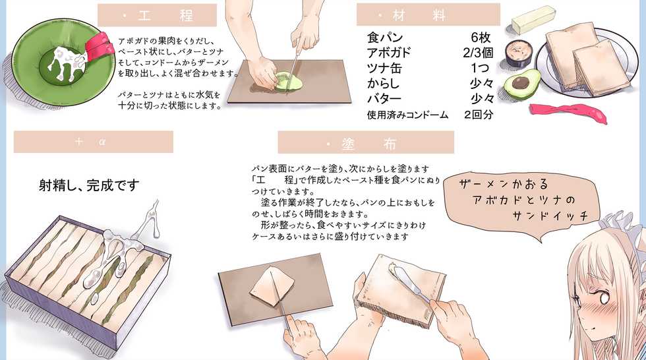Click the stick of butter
point(533,20)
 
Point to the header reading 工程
point(157,15)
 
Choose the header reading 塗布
point(366,142)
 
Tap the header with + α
point(94,142)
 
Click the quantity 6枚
point(481,38)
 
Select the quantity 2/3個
point(478,53)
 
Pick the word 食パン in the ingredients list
point(385,38)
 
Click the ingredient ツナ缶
point(384,68)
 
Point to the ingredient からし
point(383,83)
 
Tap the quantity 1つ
point(480,68)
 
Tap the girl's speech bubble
point(524,202)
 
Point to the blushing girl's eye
point(602,297)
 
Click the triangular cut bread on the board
point(273,286)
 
